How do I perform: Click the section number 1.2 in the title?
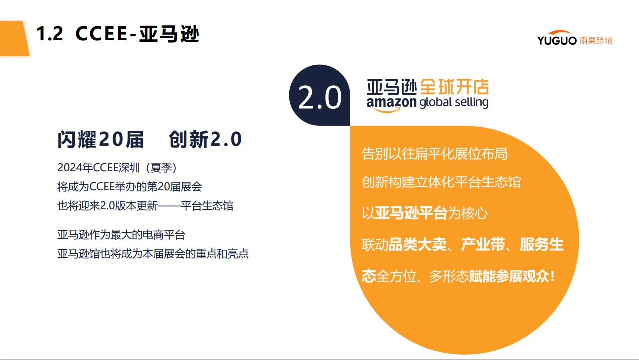tap(50, 33)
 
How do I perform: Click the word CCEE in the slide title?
tap(101, 33)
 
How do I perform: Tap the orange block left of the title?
tap(14, 38)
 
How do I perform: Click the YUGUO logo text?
tap(557, 41)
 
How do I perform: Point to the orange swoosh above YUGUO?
tap(560, 33)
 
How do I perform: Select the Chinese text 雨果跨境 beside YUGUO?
tap(596, 41)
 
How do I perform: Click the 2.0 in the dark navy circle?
tap(319, 98)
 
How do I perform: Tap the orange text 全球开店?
tap(454, 87)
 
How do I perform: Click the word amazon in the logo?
tap(392, 102)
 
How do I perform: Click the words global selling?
tap(454, 103)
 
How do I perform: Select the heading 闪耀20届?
tap(101, 140)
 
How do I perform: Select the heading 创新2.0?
tap(206, 140)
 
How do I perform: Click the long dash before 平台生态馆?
tap(169, 206)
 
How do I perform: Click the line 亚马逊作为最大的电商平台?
tap(121, 235)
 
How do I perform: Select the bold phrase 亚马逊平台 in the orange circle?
tap(411, 213)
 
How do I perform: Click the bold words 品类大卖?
tap(418, 244)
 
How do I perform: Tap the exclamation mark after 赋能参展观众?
tap(553, 276)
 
